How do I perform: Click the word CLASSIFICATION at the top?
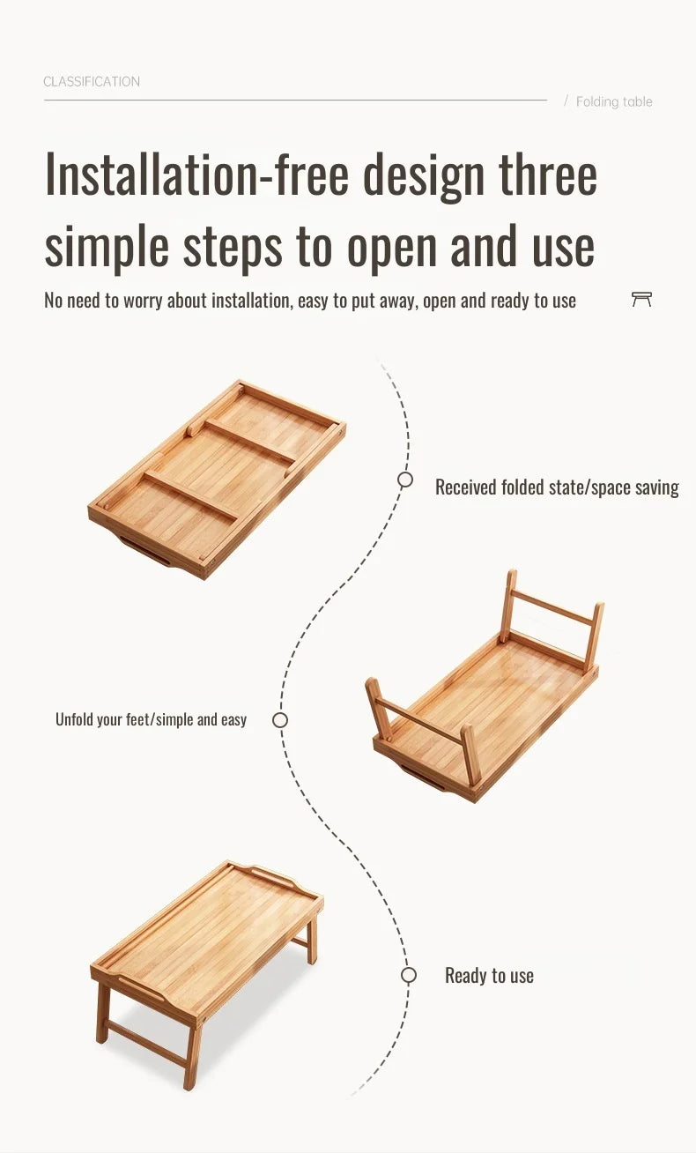coord(92,81)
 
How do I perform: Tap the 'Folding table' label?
coord(614,101)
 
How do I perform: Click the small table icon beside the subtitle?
coord(641,300)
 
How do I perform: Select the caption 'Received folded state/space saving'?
coord(557,487)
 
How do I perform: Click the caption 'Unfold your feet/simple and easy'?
coord(151,719)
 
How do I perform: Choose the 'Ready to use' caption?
coord(489,975)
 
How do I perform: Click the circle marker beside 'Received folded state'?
coord(405,480)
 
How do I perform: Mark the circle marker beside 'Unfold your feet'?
coord(280,719)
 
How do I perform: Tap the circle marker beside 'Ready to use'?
coord(409,975)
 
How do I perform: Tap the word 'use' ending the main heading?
coord(563,247)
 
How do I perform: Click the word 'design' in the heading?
coord(425,175)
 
